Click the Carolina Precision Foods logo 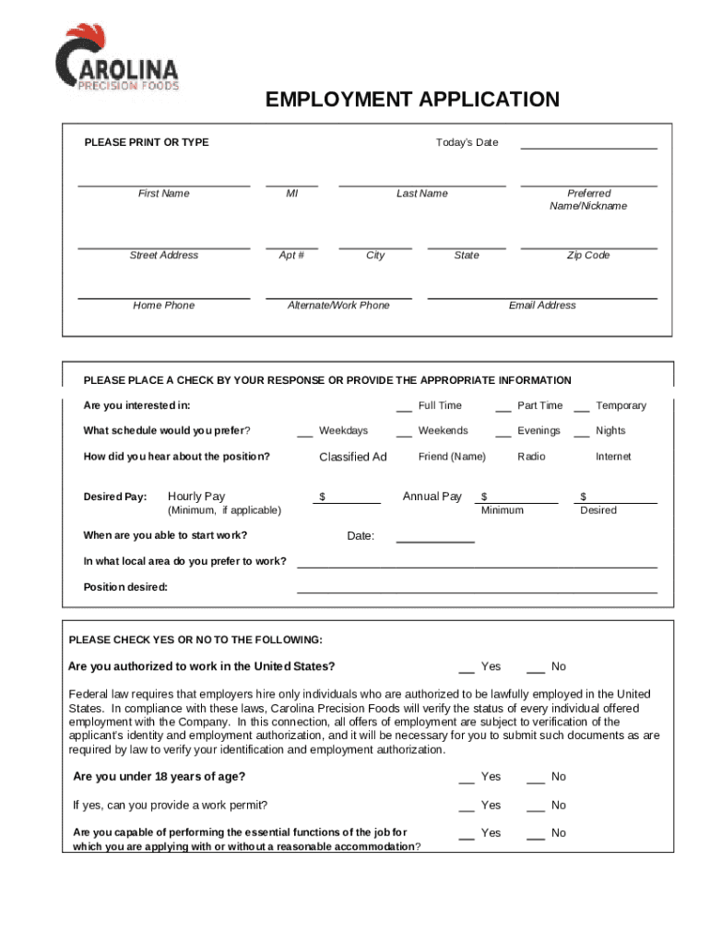117,58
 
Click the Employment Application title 412,100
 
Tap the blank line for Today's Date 588,147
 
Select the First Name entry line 163,185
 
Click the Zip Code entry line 588,247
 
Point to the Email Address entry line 542,297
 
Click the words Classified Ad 353,457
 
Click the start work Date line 435,540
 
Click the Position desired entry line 477,590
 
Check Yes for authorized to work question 467,669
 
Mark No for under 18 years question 536,779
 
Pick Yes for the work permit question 467,807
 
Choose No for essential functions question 536,835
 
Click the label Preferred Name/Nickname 588,199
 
